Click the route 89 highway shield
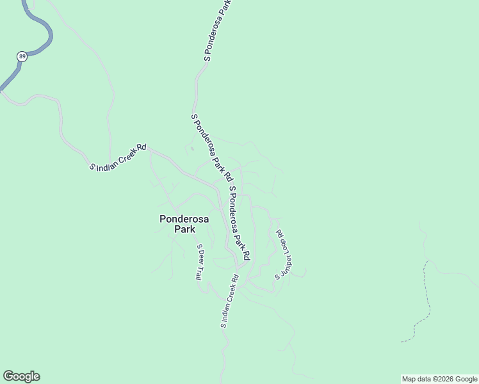click(22, 56)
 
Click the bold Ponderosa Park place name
click(184, 223)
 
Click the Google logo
click(21, 376)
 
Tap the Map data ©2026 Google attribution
click(439, 379)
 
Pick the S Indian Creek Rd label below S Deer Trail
click(229, 301)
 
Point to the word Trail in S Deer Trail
click(199, 272)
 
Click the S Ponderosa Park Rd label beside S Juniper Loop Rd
click(239, 222)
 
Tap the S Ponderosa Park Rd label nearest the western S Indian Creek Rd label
click(211, 147)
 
